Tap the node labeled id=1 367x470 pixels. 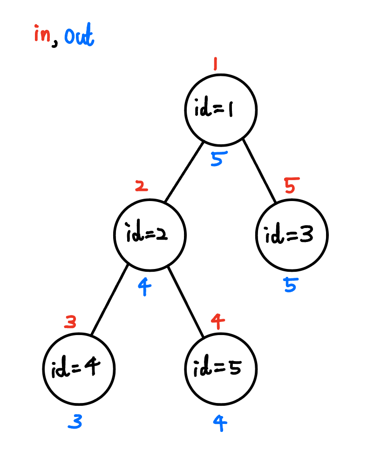(221, 110)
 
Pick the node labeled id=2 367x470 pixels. (150, 235)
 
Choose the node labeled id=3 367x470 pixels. (292, 235)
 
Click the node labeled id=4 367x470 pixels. (78, 369)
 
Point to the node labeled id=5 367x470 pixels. (221, 369)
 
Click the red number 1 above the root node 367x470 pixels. (215, 63)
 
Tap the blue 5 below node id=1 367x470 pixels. (217, 159)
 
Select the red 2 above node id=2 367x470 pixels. (141, 186)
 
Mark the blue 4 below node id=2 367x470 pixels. (145, 287)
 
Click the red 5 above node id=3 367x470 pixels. (290, 186)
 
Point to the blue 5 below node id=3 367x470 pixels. (290, 284)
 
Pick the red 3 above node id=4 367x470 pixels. (70, 322)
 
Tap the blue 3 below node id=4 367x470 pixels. (75, 422)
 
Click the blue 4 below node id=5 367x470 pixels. (220, 422)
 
